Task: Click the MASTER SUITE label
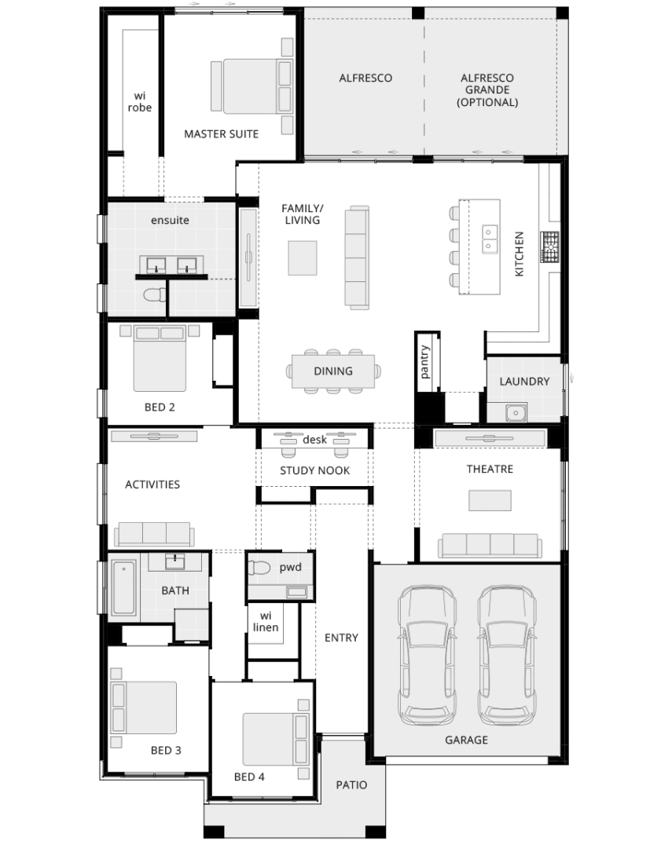click(221, 134)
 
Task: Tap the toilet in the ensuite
click(155, 294)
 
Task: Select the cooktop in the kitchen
click(549, 247)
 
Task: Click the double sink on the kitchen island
click(489, 240)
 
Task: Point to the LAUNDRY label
click(524, 382)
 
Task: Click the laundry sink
click(516, 412)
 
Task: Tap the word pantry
click(424, 362)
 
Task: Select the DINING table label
click(333, 371)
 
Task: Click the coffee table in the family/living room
click(302, 258)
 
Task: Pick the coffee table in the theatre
click(490, 500)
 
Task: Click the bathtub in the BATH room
click(124, 587)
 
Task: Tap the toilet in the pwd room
click(259, 568)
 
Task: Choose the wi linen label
click(266, 622)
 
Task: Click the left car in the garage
click(428, 655)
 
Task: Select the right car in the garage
click(507, 655)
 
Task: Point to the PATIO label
click(351, 785)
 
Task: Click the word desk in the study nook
click(314, 440)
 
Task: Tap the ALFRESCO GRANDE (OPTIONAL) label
click(487, 90)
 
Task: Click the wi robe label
click(140, 102)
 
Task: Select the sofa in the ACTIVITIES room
click(154, 534)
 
